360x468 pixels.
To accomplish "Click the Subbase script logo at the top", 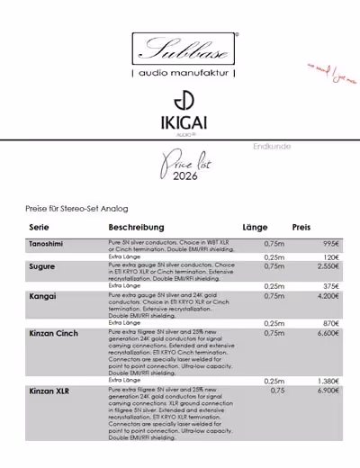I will point(184,48).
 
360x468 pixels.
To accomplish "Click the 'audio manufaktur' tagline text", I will point(184,72).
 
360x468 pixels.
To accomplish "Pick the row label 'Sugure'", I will point(42,267).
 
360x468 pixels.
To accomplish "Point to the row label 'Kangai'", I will point(42,295).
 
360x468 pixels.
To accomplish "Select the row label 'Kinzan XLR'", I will point(50,391).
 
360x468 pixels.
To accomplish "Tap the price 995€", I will point(328,244).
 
